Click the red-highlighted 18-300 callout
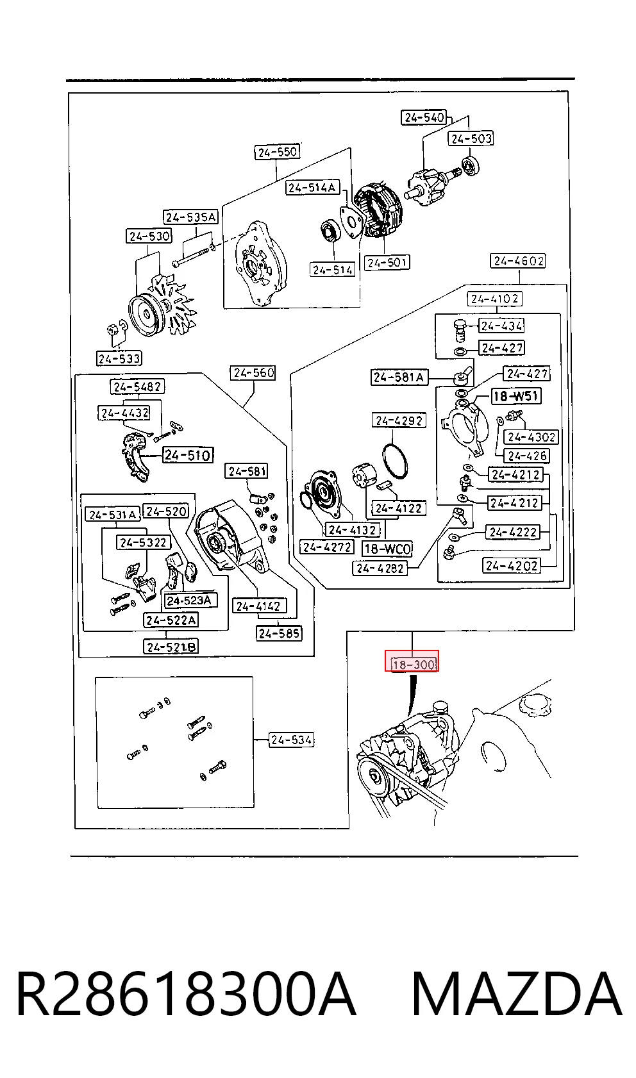tap(412, 661)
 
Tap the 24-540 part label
tap(424, 117)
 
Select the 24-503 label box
tap(471, 138)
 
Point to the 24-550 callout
tap(277, 152)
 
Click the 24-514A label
tap(313, 187)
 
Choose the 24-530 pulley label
tap(149, 236)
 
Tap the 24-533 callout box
tap(119, 358)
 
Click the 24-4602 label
tap(517, 261)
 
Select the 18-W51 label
tap(516, 396)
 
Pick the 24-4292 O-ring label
tap(399, 420)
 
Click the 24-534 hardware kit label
tap(291, 740)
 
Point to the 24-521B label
tap(171, 647)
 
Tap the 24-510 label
tap(188, 455)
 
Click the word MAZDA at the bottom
tap(517, 993)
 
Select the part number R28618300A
tap(187, 993)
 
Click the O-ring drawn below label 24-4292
tap(396, 463)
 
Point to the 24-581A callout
tap(399, 377)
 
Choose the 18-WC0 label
tap(388, 549)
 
